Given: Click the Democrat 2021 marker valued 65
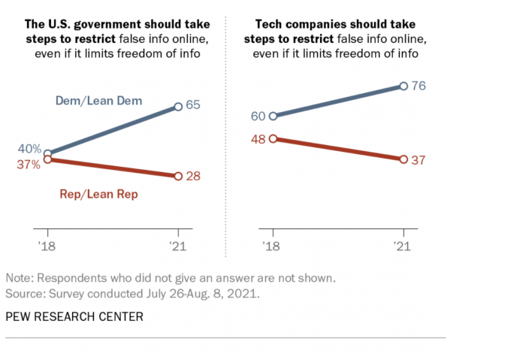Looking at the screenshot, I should tap(178, 107).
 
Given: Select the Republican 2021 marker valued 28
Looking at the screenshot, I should tap(178, 176).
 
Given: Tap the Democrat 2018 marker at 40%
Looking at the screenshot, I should tap(48, 153).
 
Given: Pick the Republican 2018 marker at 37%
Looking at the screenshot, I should tap(48, 159).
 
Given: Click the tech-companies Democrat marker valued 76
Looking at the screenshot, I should tap(404, 86).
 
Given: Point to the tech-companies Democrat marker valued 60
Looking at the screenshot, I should tap(273, 116).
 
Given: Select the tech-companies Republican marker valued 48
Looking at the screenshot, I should tap(273, 138).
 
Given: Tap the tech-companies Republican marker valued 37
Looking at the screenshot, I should tap(404, 159).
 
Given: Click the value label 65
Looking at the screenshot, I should tap(193, 106).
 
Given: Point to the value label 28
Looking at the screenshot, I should tap(193, 176).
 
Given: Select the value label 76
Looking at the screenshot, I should tap(419, 86).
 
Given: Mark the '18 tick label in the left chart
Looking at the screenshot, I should tap(47, 246).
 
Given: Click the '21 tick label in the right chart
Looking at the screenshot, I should tap(404, 246).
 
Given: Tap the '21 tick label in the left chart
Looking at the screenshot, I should tap(177, 246).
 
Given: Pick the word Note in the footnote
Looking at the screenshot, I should tap(20, 277).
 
